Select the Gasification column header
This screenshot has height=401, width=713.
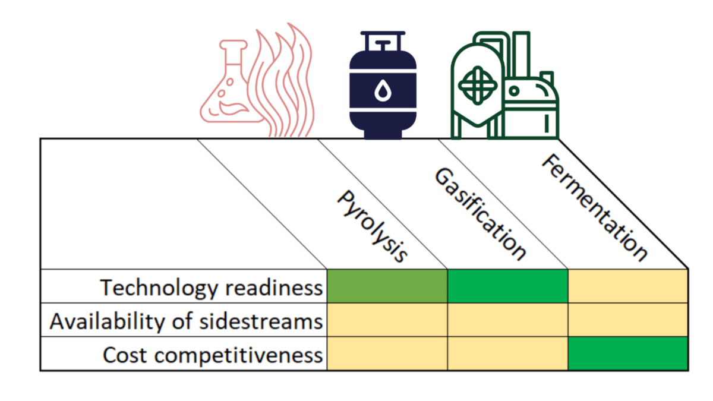pos(480,214)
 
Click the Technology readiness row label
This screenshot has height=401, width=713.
pos(211,288)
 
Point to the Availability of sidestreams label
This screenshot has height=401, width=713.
pos(186,321)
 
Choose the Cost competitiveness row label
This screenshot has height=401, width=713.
pos(213,355)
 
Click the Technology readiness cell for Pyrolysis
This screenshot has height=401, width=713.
pos(387,286)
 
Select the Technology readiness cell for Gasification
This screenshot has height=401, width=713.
pos(508,286)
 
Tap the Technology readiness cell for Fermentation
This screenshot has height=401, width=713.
pos(628,286)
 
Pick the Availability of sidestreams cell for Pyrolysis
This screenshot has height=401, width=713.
pos(387,320)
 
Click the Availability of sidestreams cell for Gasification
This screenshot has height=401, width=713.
pos(508,320)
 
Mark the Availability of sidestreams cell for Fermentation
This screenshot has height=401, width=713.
pos(628,320)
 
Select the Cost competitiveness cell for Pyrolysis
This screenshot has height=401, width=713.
pos(387,354)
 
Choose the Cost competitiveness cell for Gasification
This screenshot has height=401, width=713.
pos(508,354)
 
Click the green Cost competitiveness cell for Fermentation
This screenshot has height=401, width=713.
pos(628,354)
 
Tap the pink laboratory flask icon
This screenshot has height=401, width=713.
pos(229,89)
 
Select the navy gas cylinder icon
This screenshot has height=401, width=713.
pos(383,86)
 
